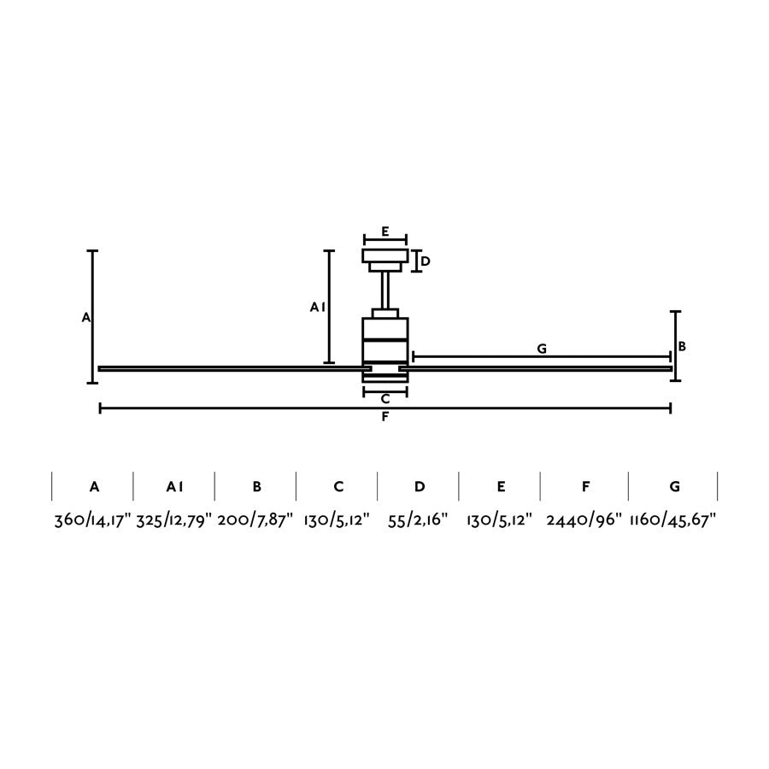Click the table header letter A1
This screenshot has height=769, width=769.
click(174, 486)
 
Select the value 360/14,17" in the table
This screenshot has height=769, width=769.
click(92, 520)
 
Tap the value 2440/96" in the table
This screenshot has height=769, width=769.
click(584, 520)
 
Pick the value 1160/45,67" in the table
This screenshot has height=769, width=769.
click(673, 520)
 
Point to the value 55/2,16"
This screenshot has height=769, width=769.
click(418, 520)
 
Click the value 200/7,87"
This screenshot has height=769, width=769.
click(255, 520)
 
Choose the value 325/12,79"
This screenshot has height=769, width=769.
click(174, 520)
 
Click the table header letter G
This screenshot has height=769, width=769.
click(675, 486)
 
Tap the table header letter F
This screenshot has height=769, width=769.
click(585, 486)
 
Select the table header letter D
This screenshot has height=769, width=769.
click(420, 486)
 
